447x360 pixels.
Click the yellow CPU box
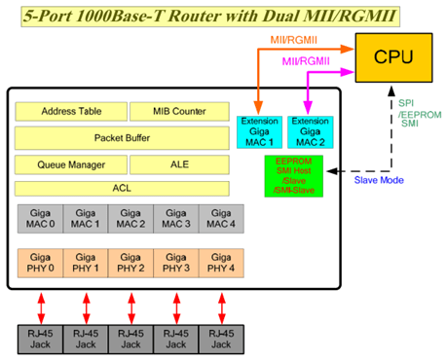point(394,57)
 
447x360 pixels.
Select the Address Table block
point(68,112)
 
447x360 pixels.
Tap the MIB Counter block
point(180,112)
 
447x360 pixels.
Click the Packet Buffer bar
point(123,138)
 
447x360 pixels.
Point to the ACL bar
point(123,188)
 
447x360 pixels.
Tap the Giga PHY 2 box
point(130,264)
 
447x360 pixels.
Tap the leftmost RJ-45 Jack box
point(41,338)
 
